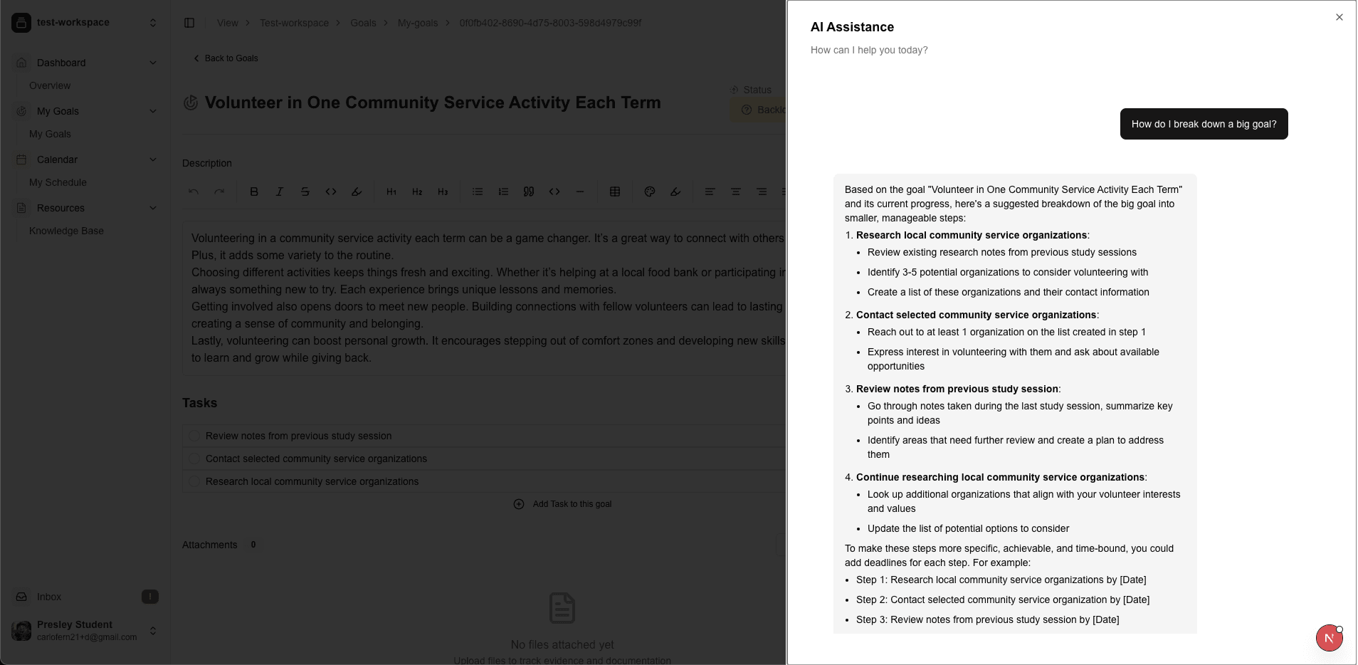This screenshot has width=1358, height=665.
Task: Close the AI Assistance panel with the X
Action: (x=1339, y=17)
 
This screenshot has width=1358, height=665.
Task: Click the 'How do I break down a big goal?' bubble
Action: (x=1204, y=124)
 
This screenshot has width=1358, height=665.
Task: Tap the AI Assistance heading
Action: (x=852, y=27)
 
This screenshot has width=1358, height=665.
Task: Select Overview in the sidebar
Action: (x=50, y=85)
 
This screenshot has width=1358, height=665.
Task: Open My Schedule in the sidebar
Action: (x=58, y=182)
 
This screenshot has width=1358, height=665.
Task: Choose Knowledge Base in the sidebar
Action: (x=66, y=231)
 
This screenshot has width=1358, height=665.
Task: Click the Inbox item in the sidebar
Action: (x=49, y=597)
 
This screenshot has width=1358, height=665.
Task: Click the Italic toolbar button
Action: (x=280, y=192)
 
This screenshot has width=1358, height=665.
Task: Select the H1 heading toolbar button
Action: (x=391, y=192)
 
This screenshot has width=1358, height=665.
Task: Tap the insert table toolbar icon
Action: (x=615, y=192)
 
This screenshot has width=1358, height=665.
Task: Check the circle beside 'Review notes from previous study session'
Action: (x=194, y=436)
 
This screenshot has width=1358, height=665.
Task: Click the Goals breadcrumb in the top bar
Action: (x=363, y=23)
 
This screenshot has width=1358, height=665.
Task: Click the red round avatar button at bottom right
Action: (x=1329, y=638)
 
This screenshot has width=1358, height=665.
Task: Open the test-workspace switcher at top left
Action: (x=85, y=23)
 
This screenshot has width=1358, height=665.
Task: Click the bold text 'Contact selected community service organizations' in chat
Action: (x=976, y=315)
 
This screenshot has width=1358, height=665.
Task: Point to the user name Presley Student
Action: (x=75, y=624)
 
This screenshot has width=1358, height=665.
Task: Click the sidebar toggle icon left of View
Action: (x=189, y=23)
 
